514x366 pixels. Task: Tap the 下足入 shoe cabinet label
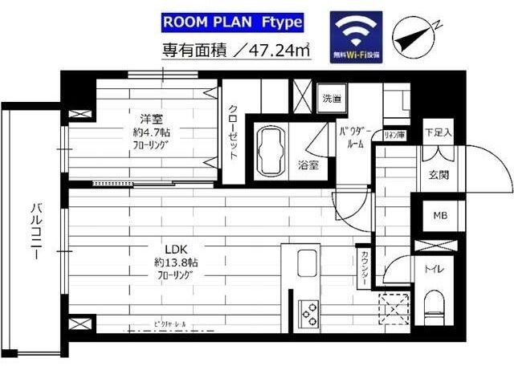[438, 132]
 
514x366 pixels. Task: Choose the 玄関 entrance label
[439, 175]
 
